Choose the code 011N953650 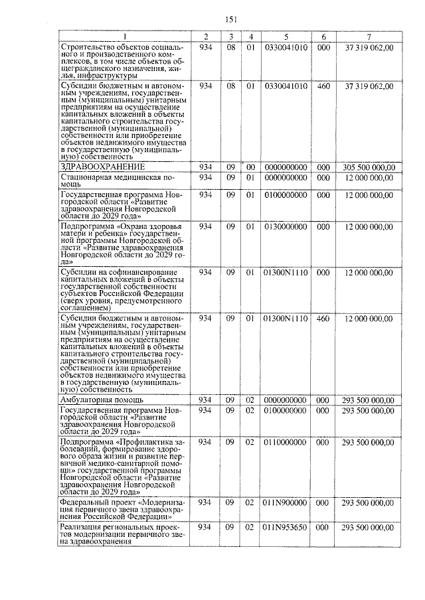click(286, 527)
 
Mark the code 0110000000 click(286, 441)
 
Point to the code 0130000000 click(286, 226)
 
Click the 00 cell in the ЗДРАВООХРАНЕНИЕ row click(250, 167)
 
